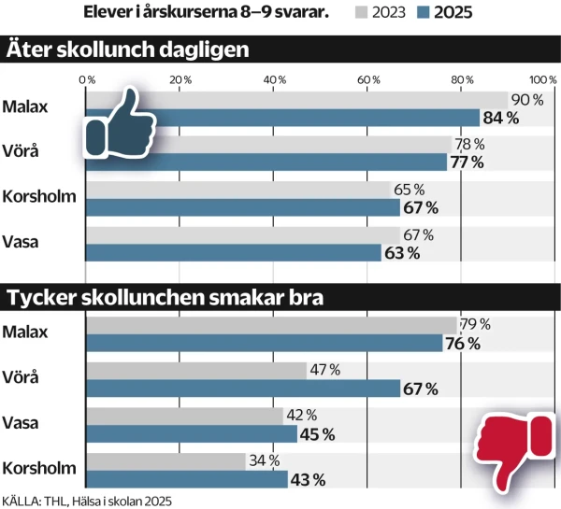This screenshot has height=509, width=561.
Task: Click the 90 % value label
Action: pos(526,99)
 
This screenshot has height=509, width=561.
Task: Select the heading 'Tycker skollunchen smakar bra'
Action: pos(165,299)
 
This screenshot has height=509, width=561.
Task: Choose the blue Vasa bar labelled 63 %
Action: pos(233,252)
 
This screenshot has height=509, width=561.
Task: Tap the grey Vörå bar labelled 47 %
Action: pos(196,370)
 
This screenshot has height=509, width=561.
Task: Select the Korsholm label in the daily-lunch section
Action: pos(39,196)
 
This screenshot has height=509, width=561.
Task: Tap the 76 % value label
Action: pos(462,344)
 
